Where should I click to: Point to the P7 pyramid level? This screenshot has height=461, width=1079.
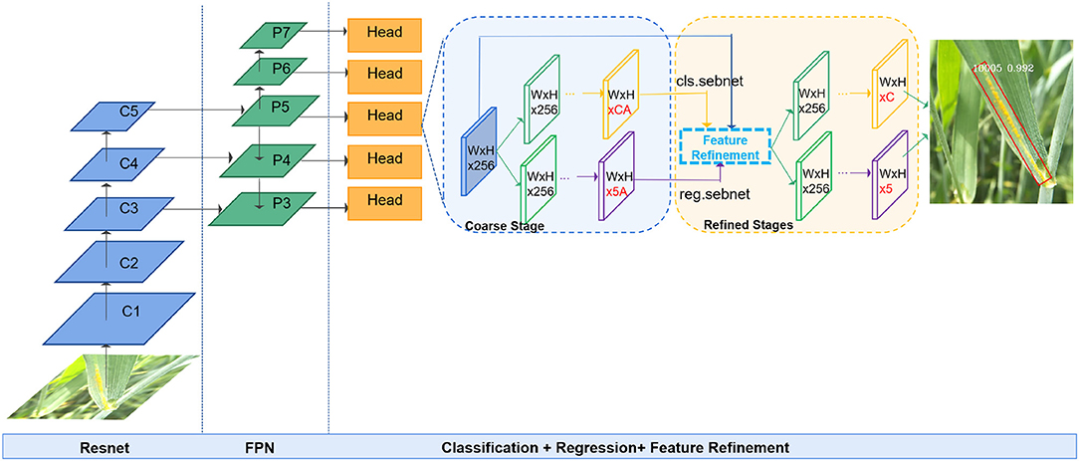[278, 33]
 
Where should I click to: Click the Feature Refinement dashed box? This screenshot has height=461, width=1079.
[725, 148]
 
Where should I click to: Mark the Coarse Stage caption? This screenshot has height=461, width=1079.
[504, 226]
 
